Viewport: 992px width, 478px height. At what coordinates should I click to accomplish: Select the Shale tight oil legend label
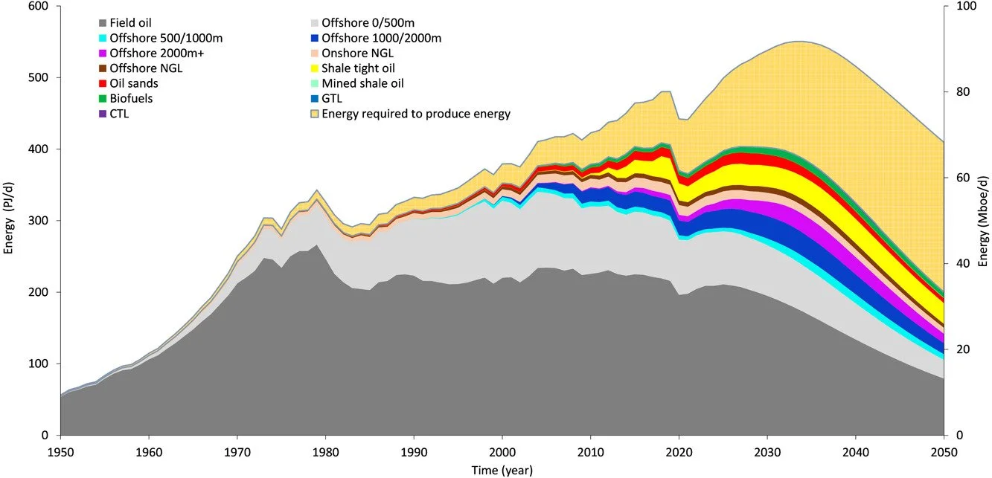[358, 68]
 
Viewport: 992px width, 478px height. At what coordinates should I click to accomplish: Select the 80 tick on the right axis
[960, 92]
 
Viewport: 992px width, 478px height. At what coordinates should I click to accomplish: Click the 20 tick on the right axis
[960, 349]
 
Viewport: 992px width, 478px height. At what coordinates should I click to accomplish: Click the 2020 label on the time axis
[679, 451]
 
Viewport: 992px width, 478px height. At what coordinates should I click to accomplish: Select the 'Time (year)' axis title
[502, 470]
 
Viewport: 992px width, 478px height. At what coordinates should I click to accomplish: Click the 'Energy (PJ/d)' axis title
[10, 221]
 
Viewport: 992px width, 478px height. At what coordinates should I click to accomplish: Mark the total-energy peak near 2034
[799, 42]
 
